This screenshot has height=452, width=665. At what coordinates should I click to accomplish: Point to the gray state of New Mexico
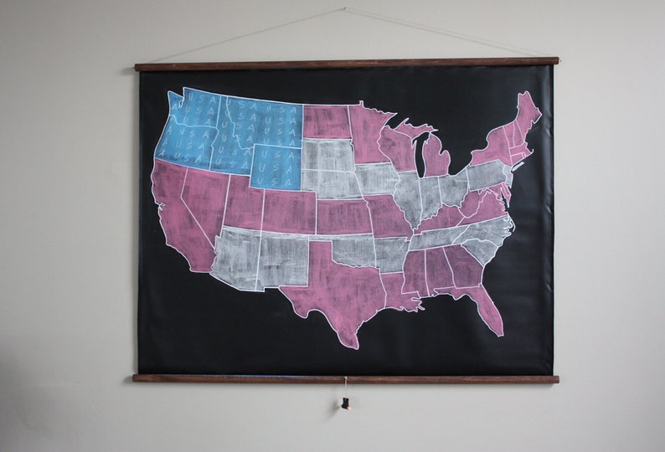(282, 259)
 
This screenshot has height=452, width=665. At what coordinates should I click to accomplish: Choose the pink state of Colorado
(289, 210)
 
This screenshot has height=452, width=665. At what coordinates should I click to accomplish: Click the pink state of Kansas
(343, 215)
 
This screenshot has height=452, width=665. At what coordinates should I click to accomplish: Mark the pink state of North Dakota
(326, 121)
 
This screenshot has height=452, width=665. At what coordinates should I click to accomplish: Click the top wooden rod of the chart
(347, 63)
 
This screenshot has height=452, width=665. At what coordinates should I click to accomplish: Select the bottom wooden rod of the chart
(345, 378)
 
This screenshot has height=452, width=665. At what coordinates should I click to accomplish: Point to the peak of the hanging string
(345, 10)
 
